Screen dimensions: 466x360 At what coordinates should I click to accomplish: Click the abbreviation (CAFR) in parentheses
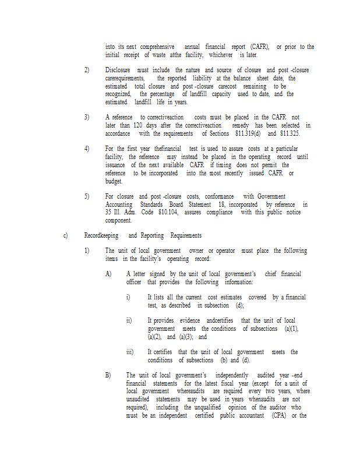click(x=260, y=47)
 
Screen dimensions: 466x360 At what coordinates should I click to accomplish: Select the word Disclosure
click(x=118, y=70)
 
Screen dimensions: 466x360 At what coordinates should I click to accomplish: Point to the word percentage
click(x=163, y=94)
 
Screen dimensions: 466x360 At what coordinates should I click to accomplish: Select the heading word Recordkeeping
click(x=101, y=235)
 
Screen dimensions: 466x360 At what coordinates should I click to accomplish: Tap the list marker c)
click(x=66, y=235)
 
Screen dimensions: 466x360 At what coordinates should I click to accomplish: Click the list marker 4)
click(x=87, y=149)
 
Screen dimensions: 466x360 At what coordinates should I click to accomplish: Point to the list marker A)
click(x=108, y=274)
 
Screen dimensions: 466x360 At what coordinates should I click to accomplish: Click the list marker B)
click(x=108, y=375)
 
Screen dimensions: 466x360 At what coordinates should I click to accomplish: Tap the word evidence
click(x=192, y=320)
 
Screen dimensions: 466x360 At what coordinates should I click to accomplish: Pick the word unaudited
click(x=139, y=399)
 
